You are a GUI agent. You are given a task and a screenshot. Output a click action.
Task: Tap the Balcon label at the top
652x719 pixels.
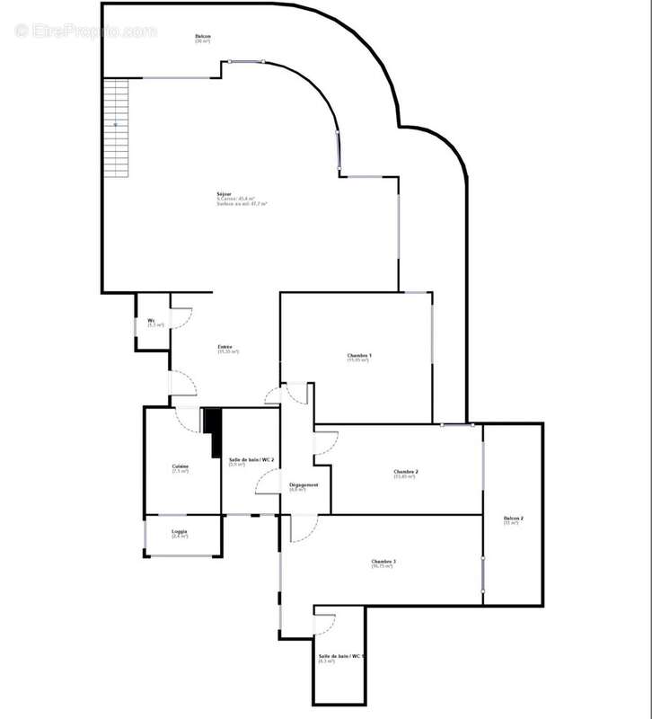point(203,36)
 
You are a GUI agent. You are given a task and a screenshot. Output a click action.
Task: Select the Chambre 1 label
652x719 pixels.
point(359,356)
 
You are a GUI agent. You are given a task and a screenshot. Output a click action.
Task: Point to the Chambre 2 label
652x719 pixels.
point(406,472)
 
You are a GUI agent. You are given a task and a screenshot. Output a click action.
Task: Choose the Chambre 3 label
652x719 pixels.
point(383,563)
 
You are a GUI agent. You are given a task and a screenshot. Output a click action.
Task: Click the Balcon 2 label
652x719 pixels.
point(513,519)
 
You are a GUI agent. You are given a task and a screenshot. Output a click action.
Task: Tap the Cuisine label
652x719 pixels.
point(181,466)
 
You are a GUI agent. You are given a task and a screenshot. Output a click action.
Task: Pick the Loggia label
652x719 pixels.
point(180,531)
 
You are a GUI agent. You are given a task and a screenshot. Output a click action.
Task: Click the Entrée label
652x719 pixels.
point(227,347)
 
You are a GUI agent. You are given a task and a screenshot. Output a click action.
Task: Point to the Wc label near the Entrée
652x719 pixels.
point(152,321)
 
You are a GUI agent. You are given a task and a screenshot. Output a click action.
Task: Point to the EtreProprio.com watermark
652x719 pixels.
point(86,31)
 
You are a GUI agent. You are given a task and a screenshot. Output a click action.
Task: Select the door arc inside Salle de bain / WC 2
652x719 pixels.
point(268,483)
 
